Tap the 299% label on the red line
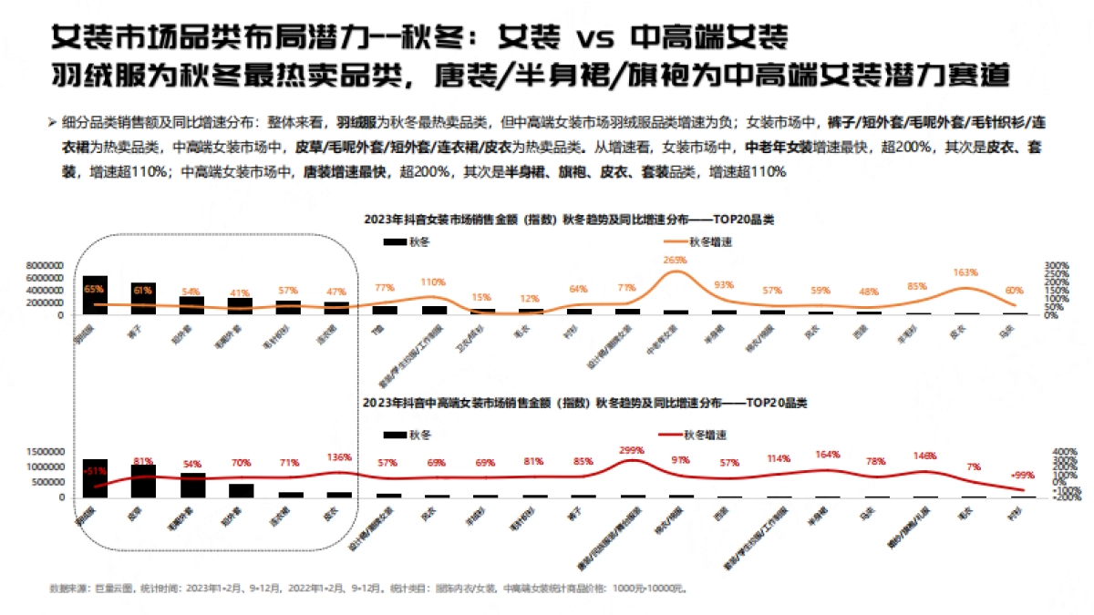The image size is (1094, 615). (x=631, y=450)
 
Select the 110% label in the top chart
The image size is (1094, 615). (x=432, y=282)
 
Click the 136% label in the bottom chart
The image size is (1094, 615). (x=338, y=457)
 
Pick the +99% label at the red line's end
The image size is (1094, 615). (x=1023, y=475)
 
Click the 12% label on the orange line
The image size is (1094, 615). (x=529, y=299)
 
